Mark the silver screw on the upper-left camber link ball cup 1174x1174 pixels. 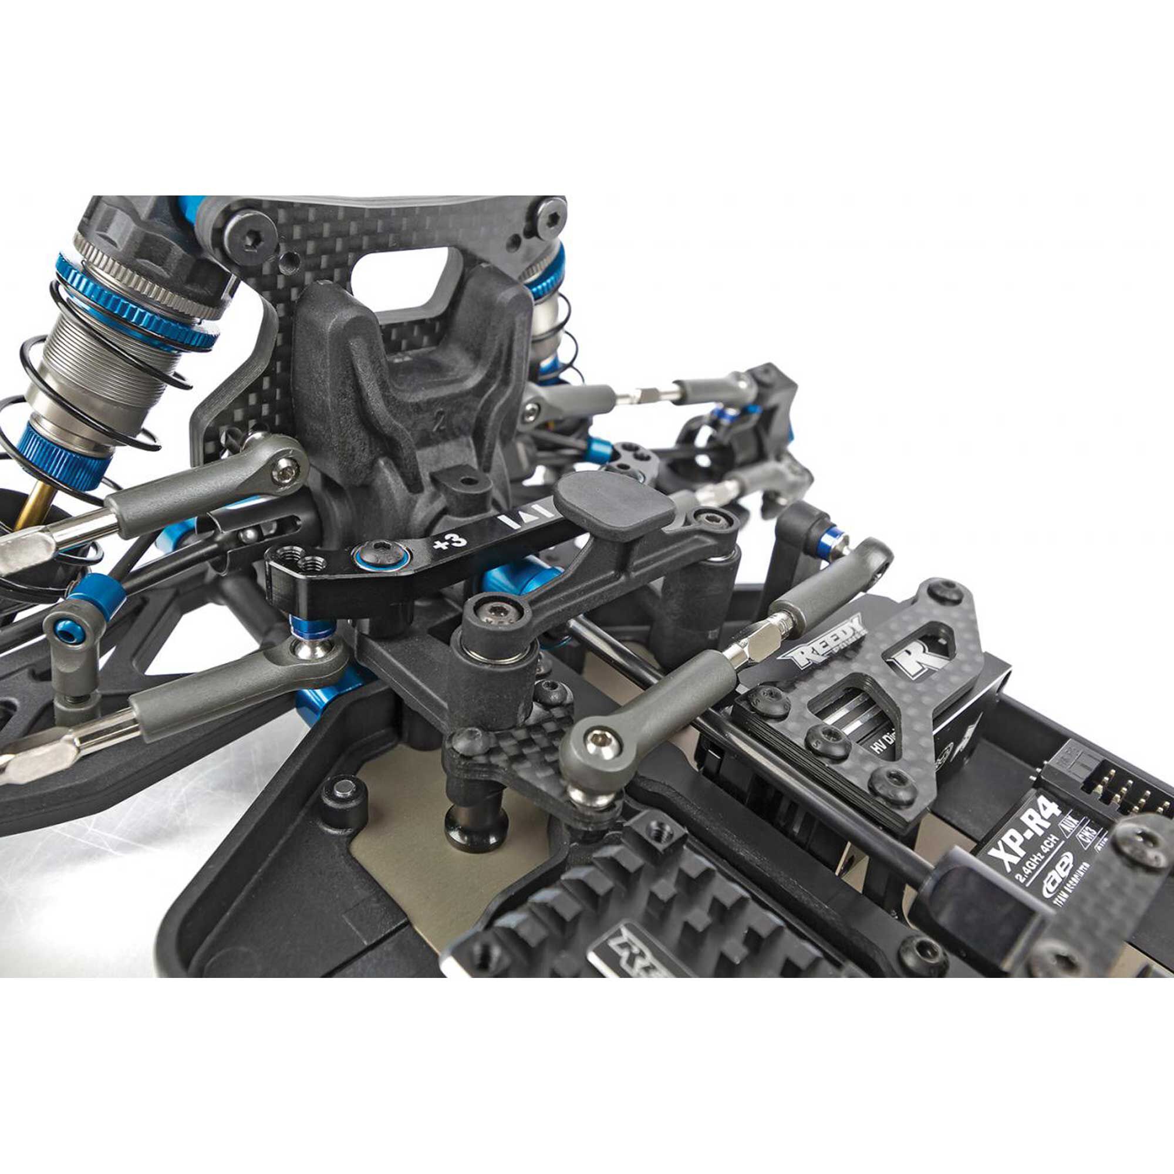coord(286,468)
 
